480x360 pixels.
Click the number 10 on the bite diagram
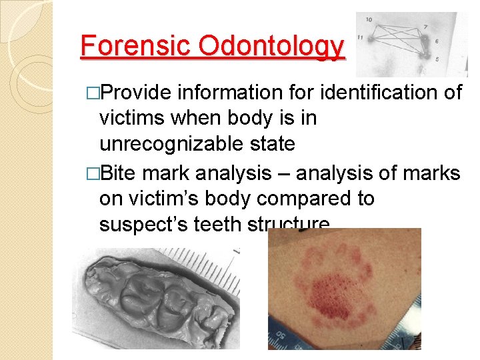point(369,21)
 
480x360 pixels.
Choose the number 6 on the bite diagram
point(438,41)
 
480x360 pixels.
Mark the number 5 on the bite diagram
point(437,59)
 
